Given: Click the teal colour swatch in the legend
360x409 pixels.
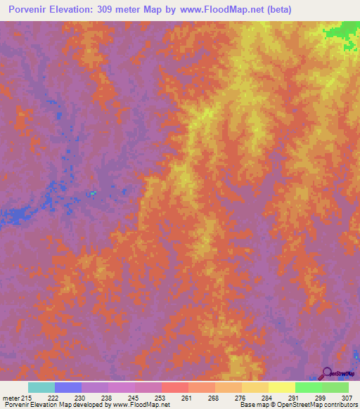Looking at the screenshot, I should [x=41, y=387].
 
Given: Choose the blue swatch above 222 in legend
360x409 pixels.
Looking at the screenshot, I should [x=68, y=387].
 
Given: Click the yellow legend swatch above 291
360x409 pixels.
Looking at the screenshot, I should [x=282, y=387].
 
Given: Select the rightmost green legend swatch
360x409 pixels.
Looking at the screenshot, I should [x=335, y=387].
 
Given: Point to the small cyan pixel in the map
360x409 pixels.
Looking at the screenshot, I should [x=93, y=193].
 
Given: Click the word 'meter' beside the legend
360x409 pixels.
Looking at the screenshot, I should [x=12, y=398].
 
